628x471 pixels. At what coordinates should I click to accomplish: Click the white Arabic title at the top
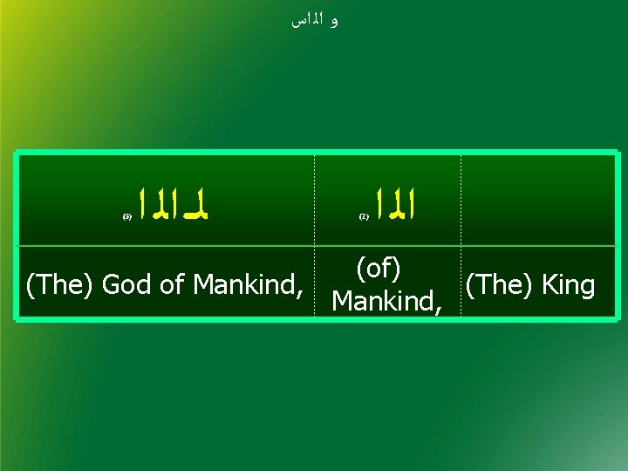point(313,21)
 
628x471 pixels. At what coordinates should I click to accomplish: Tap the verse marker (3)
point(126,214)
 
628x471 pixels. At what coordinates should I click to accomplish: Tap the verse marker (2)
point(365,214)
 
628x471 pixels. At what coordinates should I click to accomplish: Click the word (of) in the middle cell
point(378,269)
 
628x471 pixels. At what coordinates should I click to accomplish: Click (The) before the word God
point(60,284)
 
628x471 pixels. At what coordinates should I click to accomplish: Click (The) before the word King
point(498,284)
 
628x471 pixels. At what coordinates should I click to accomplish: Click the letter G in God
point(110,284)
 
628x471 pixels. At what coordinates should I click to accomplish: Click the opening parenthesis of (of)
point(358,269)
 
